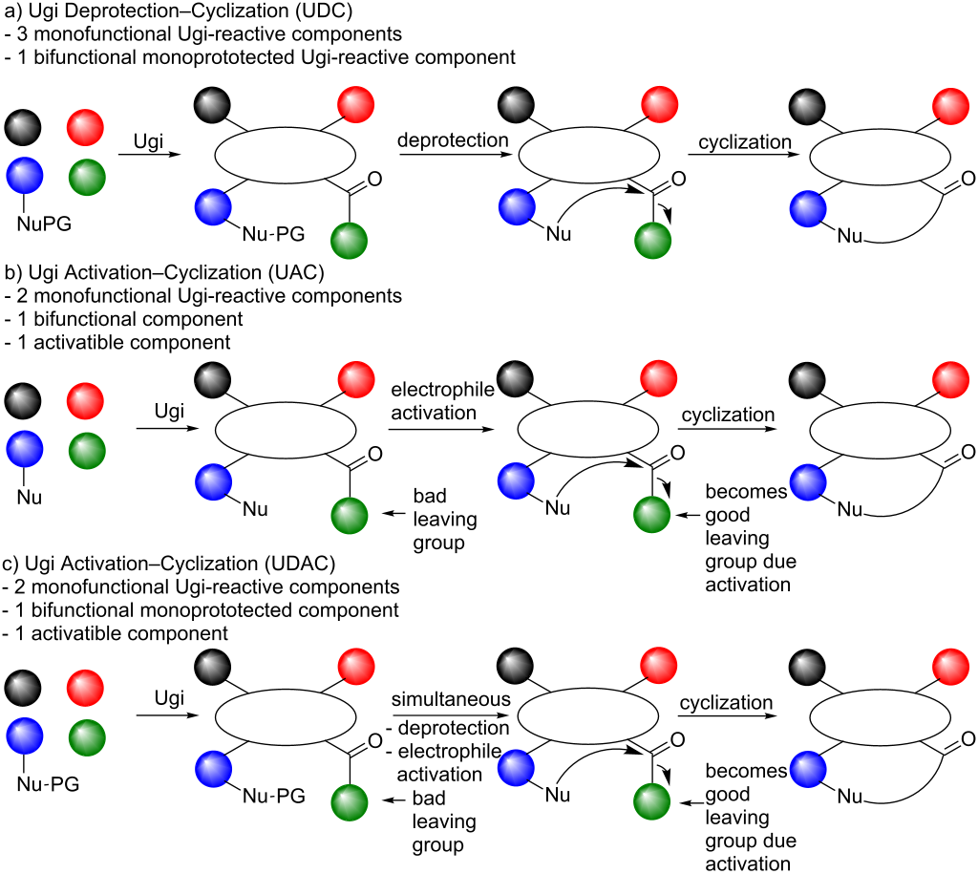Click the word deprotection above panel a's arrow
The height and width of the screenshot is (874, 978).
coord(453,140)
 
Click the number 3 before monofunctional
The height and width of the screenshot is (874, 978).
coord(20,34)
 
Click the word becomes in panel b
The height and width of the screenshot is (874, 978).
coord(745,493)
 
